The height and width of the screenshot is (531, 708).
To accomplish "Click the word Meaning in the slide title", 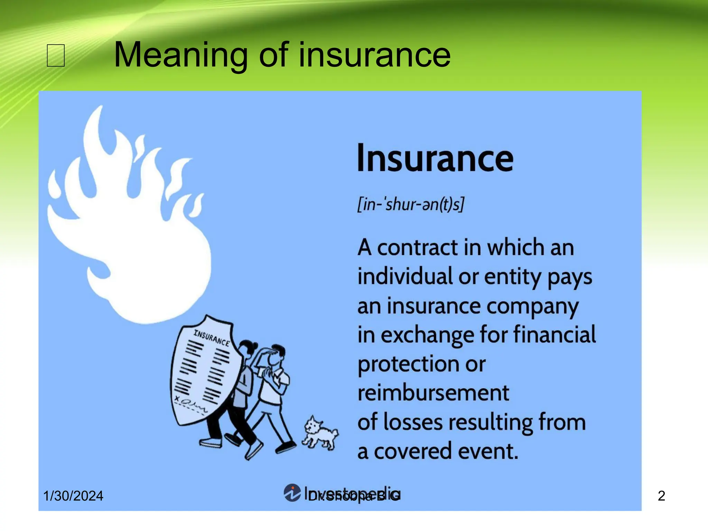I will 180,55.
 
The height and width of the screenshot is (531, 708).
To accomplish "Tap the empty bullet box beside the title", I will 56,55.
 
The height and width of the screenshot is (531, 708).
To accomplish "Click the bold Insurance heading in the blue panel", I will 435,158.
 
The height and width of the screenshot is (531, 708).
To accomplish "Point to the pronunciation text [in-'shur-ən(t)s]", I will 411,204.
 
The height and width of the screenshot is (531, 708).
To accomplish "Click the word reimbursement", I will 433,393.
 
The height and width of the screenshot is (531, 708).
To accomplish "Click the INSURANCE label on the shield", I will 212,338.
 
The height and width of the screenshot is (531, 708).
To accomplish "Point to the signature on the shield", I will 191,404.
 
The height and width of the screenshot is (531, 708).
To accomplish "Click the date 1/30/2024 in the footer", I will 73,496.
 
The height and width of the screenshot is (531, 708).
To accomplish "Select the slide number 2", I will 661,496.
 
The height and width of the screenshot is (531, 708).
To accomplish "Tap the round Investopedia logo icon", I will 292,493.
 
